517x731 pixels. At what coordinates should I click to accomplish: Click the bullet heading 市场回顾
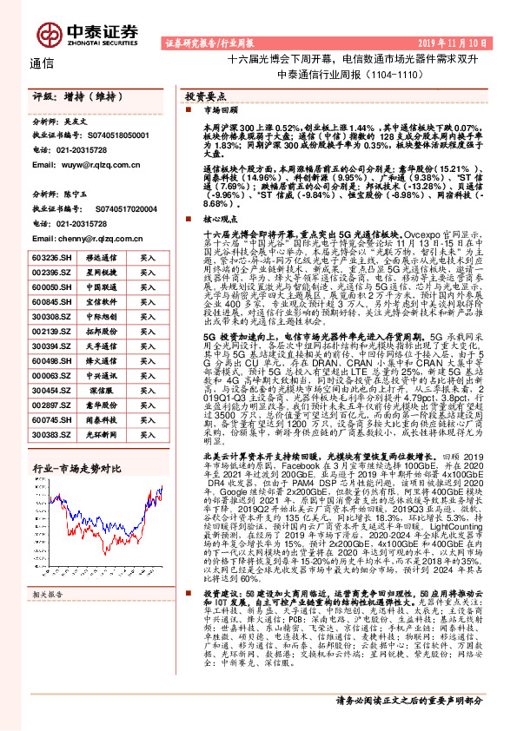[218, 111]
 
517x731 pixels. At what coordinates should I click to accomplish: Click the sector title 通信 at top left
[41, 63]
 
